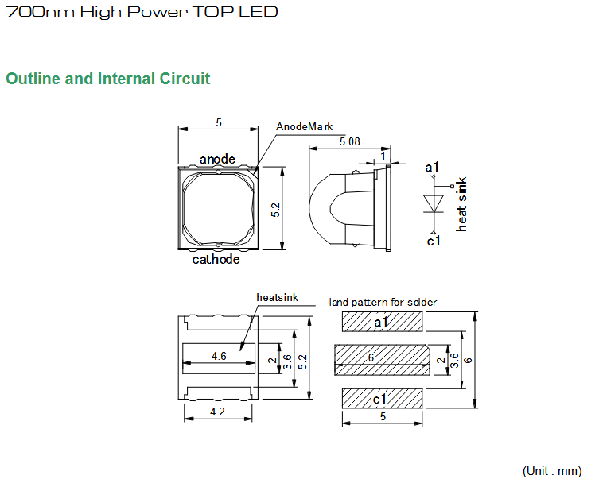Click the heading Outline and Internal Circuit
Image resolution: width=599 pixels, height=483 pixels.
(x=107, y=79)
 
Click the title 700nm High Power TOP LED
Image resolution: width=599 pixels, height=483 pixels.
(x=142, y=12)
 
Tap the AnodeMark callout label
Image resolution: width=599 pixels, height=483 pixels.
(x=304, y=126)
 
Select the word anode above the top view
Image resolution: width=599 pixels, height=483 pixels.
(x=217, y=159)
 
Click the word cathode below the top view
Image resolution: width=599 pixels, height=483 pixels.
(x=216, y=260)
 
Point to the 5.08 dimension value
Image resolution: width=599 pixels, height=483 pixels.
(x=349, y=142)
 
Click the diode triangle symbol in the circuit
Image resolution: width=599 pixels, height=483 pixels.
(x=434, y=203)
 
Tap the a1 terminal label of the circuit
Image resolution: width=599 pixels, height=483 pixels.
(x=432, y=167)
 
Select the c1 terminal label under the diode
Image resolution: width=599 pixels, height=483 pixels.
(x=434, y=241)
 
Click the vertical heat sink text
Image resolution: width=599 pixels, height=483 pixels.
(x=461, y=204)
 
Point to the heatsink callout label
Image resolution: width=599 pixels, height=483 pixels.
(x=277, y=298)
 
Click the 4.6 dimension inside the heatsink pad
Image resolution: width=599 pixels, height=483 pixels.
(x=219, y=357)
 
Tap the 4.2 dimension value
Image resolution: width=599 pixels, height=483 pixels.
(x=217, y=412)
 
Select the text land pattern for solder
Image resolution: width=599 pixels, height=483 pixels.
(x=383, y=303)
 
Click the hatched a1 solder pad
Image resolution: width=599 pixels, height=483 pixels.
(x=383, y=322)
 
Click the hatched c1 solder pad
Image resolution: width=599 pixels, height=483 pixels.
(x=383, y=399)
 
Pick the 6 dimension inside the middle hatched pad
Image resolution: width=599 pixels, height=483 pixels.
(x=371, y=357)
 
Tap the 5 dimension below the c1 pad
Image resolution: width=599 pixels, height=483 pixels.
(x=383, y=416)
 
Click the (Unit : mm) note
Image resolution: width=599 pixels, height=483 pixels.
(x=552, y=471)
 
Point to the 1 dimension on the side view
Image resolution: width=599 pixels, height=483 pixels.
(x=383, y=156)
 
